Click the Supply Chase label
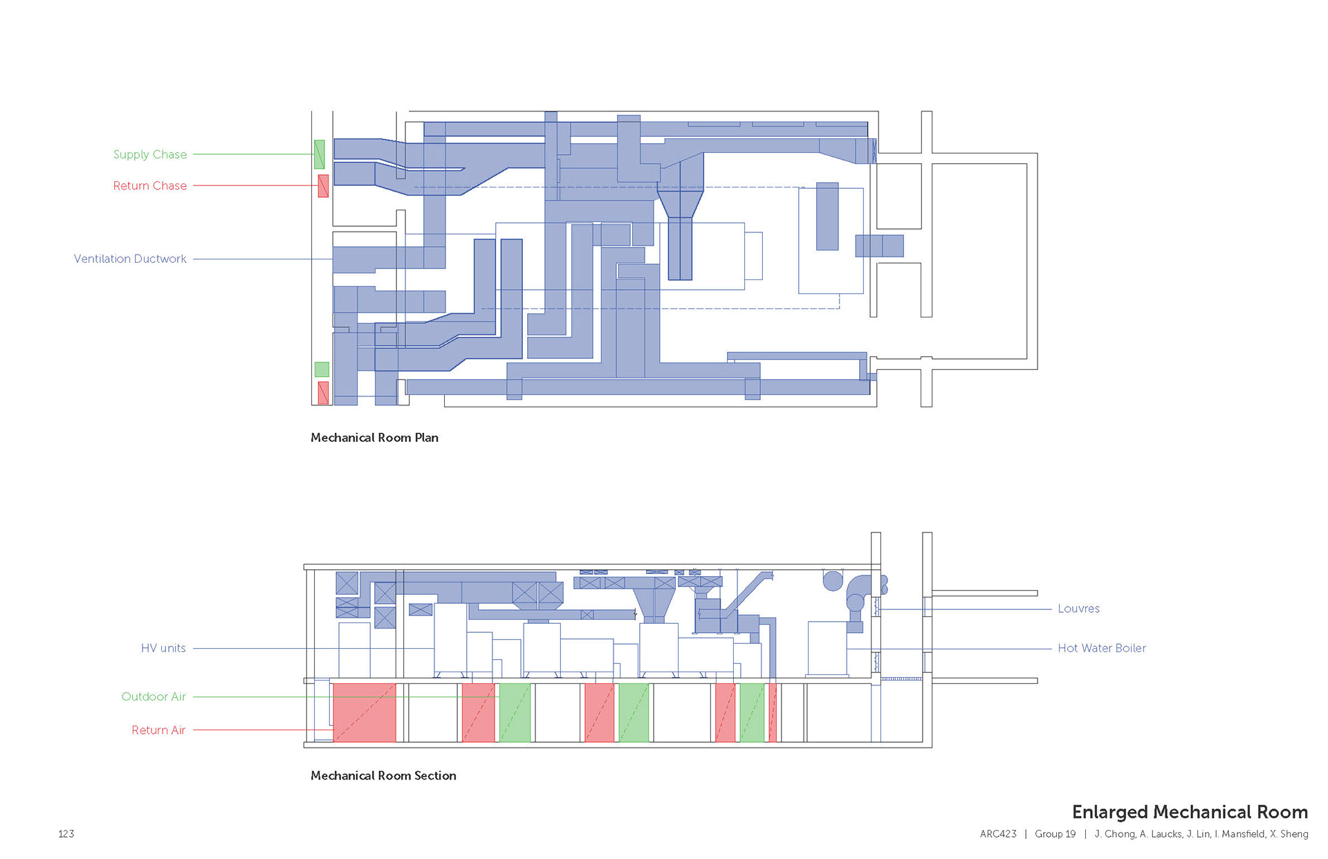click(x=149, y=154)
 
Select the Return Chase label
click(x=149, y=185)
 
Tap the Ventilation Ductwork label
click(x=130, y=259)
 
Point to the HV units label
click(x=163, y=648)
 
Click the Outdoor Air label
click(x=154, y=696)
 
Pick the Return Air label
click(x=158, y=730)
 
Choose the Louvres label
click(x=1078, y=609)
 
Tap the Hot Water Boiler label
click(x=1101, y=648)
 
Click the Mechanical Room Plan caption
click(x=374, y=437)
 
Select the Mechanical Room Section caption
click(x=383, y=775)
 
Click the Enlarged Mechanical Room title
click(x=1190, y=811)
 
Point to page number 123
click(x=66, y=833)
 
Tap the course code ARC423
click(x=998, y=833)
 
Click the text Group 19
click(x=1055, y=833)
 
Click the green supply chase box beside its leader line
click(x=320, y=154)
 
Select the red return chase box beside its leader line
click(x=323, y=185)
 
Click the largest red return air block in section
click(x=365, y=712)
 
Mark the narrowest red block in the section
click(x=773, y=712)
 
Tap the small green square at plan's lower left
click(x=322, y=369)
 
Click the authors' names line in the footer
click(x=1201, y=833)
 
